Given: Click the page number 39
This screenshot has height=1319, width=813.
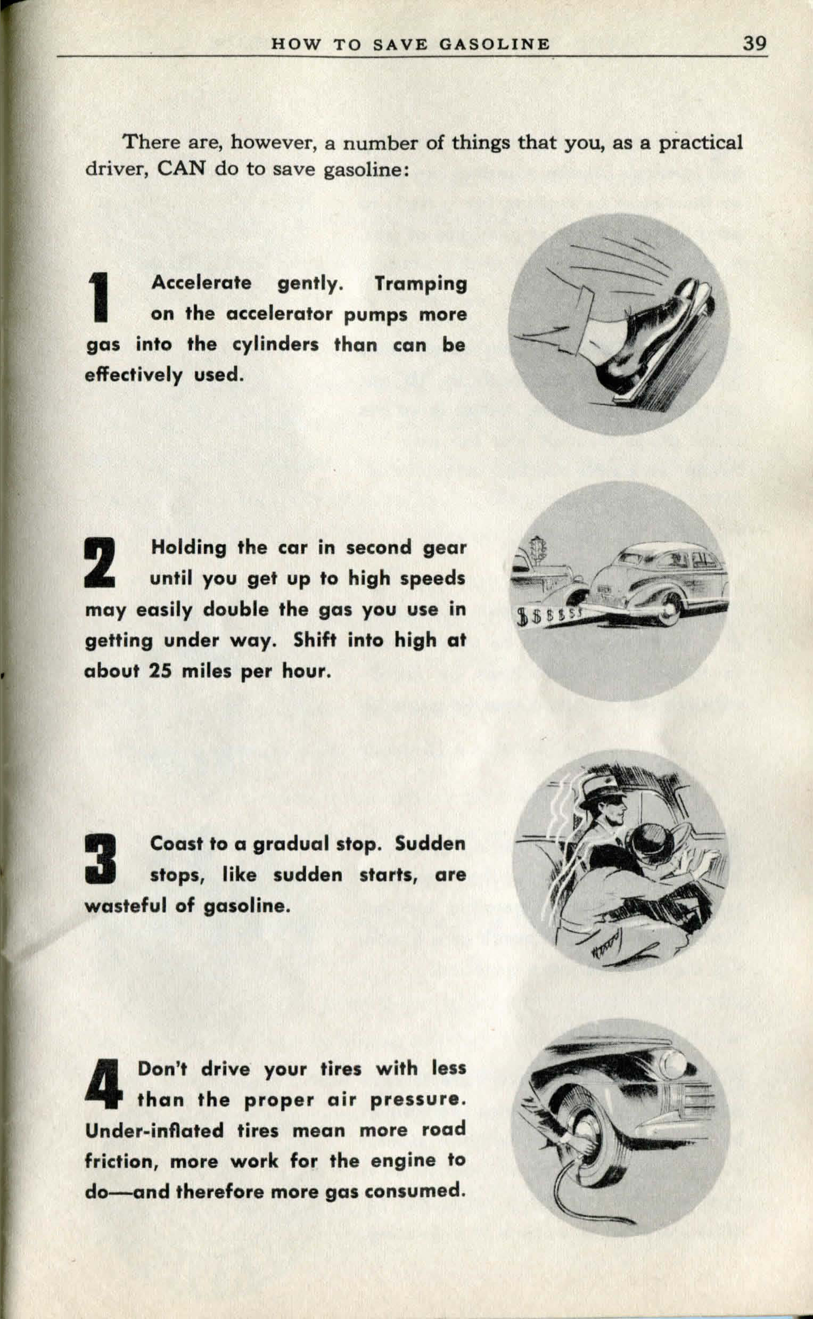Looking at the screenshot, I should pos(754,43).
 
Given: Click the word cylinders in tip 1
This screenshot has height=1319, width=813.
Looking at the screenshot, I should pos(275,344).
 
